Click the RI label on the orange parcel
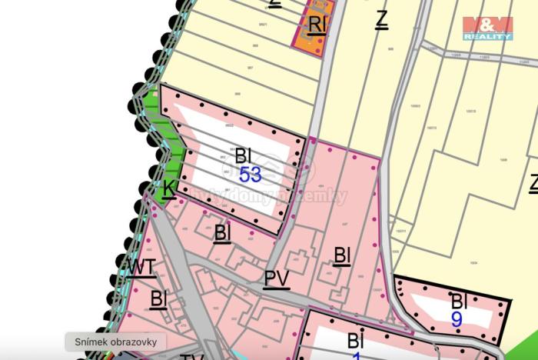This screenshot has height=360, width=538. pyautogui.click(x=317, y=25)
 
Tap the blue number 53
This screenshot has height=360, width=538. pyautogui.click(x=250, y=175)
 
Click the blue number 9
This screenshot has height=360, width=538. pyautogui.click(x=457, y=319)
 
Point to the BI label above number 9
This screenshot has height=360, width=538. pyautogui.click(x=459, y=301)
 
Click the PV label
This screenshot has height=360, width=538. pyautogui.click(x=277, y=278)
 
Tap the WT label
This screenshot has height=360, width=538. pyautogui.click(x=141, y=267)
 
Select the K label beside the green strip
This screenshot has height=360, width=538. pyautogui.click(x=169, y=187)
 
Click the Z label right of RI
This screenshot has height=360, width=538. pyautogui.click(x=380, y=19)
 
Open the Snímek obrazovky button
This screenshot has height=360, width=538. pyautogui.click(x=115, y=342)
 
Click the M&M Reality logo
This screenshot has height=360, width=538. pyautogui.click(x=487, y=27)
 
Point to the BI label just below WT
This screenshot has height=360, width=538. pyautogui.click(x=159, y=298)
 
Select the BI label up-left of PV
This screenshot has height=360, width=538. pyautogui.click(x=222, y=232)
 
